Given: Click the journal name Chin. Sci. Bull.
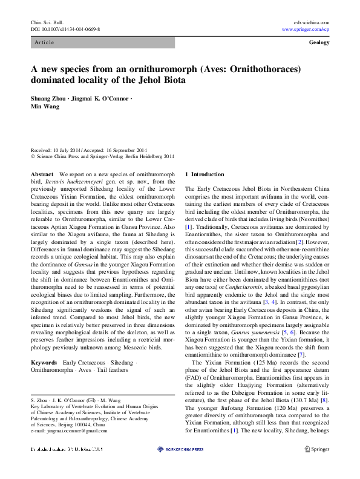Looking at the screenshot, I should [47, 22].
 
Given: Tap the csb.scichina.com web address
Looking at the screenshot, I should [311, 22].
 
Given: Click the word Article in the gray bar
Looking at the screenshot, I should [44, 42].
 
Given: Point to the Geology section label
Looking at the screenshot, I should [319, 42].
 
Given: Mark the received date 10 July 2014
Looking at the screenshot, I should [67, 150].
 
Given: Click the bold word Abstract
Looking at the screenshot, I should [42, 174].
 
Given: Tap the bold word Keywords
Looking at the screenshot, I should [44, 362].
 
